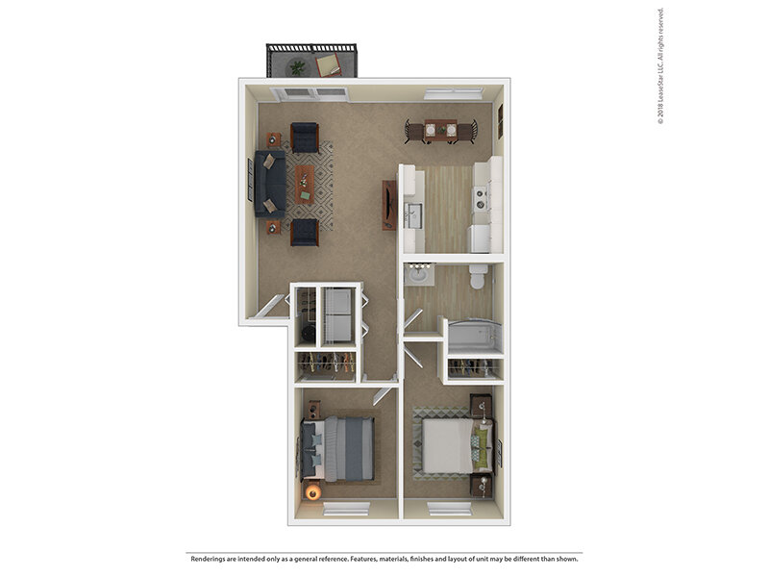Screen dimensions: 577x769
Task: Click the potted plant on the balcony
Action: click(x=297, y=67)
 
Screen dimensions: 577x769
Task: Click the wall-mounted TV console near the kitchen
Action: click(x=388, y=205)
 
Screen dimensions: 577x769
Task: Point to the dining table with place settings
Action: click(x=440, y=131)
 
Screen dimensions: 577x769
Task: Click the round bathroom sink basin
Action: click(x=419, y=276)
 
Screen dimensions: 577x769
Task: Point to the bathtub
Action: click(x=470, y=337)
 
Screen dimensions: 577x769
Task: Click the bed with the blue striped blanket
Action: click(x=339, y=448)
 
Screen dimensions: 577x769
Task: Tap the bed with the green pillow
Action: click(x=453, y=445)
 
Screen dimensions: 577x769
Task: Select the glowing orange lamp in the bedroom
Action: click(x=311, y=492)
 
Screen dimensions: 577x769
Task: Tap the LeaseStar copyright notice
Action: click(x=661, y=67)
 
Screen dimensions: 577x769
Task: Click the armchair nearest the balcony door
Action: click(x=305, y=138)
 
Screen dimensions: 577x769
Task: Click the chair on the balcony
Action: click(x=329, y=64)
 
